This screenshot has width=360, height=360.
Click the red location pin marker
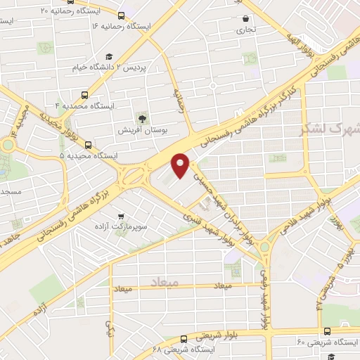181,164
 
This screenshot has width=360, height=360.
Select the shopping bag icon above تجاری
245,19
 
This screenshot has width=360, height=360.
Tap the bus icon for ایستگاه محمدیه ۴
86,95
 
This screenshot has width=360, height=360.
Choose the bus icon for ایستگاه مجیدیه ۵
88,144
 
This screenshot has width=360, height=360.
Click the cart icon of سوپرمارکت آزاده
122,217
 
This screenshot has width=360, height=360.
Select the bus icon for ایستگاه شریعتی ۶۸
184,338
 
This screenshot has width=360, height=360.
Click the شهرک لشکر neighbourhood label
329,129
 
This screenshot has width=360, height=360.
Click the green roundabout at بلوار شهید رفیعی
264,247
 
